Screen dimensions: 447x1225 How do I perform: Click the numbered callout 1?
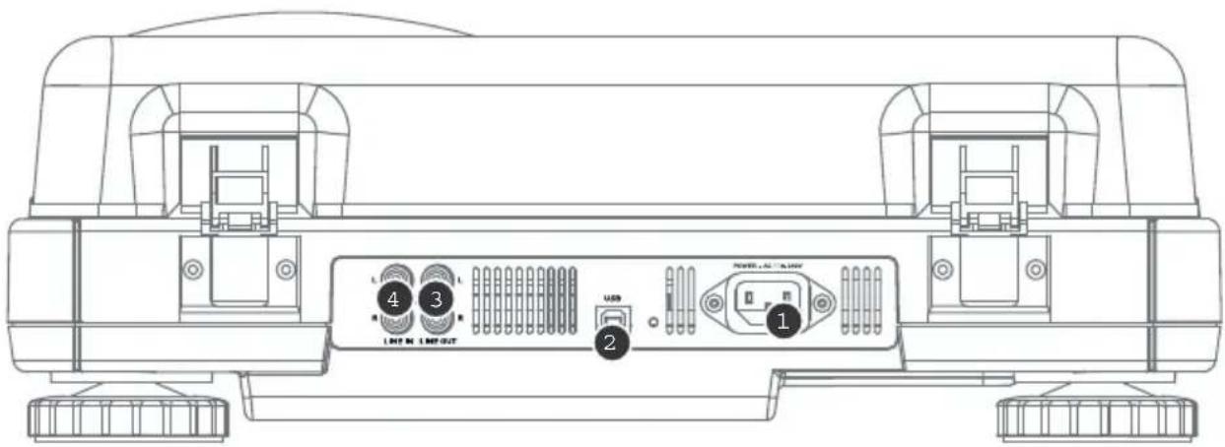pyautogui.click(x=783, y=322)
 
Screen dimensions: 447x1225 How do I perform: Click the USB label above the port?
pyautogui.click(x=611, y=295)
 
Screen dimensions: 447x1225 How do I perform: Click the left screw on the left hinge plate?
pyautogui.click(x=194, y=268)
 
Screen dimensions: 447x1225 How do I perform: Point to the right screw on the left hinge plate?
pyautogui.click(x=286, y=268)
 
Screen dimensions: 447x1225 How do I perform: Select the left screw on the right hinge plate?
pyautogui.click(x=942, y=268)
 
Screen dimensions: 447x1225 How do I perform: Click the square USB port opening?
pyautogui.click(x=611, y=318)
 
